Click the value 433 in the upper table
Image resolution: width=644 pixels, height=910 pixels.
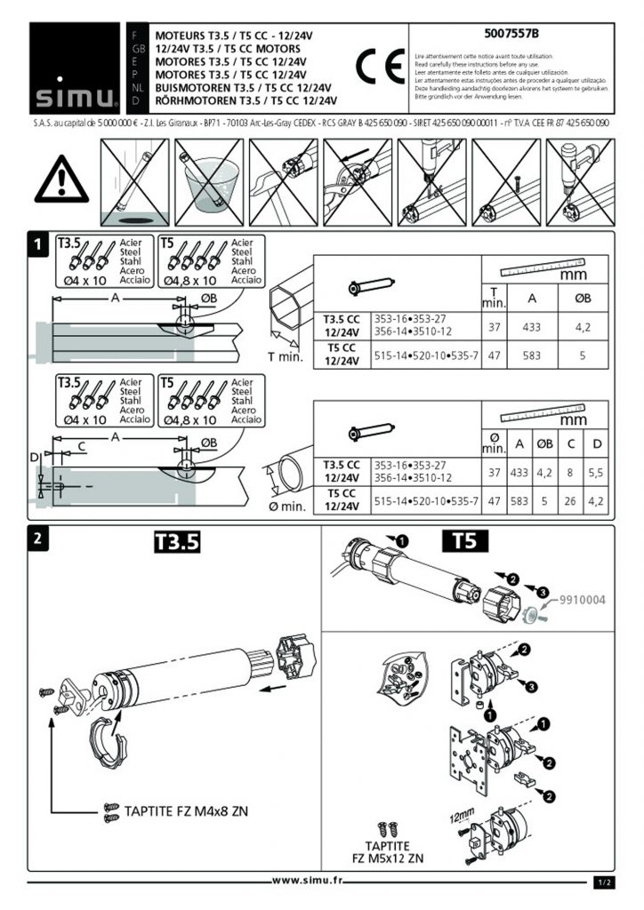click(x=532, y=328)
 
